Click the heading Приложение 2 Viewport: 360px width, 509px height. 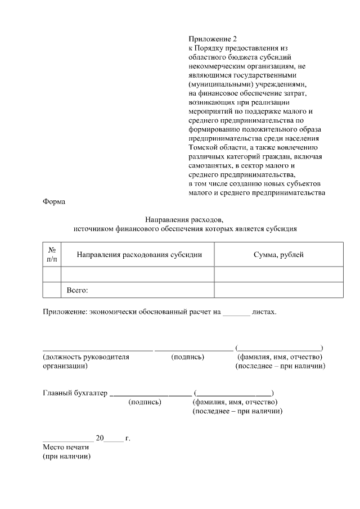(213, 39)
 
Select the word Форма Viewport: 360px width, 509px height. (54, 202)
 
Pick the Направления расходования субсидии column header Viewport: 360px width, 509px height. (139, 255)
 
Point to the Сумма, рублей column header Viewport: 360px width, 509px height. (278, 255)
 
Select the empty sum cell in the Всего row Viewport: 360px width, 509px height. (278, 290)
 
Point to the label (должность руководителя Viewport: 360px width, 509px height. (86, 357)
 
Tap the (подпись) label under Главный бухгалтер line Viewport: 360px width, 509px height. (145, 402)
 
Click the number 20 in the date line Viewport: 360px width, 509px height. (100, 438)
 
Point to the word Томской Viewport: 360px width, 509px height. (202, 148)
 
